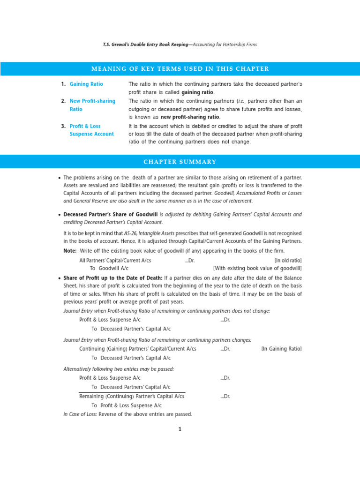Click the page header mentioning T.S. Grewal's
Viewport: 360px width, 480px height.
(180, 45)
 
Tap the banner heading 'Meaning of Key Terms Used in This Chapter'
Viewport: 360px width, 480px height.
(180, 69)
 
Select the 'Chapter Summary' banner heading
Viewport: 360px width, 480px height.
(180, 162)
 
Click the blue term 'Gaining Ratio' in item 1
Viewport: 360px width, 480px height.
(86, 84)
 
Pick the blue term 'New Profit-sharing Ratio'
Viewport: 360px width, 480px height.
(92, 105)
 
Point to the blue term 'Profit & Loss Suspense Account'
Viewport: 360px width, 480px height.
(91, 130)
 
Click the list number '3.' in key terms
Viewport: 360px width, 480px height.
(64, 126)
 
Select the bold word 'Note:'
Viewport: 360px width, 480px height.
(70, 251)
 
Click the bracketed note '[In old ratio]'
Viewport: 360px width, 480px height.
(288, 260)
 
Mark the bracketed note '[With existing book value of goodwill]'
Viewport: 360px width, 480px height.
(257, 269)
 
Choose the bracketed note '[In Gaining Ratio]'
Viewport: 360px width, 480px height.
(281, 349)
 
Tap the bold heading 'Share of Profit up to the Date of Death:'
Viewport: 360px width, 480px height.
(113, 278)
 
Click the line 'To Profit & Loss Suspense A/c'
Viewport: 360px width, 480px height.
(127, 405)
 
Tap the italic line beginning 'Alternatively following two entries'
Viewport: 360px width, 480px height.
(119, 369)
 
